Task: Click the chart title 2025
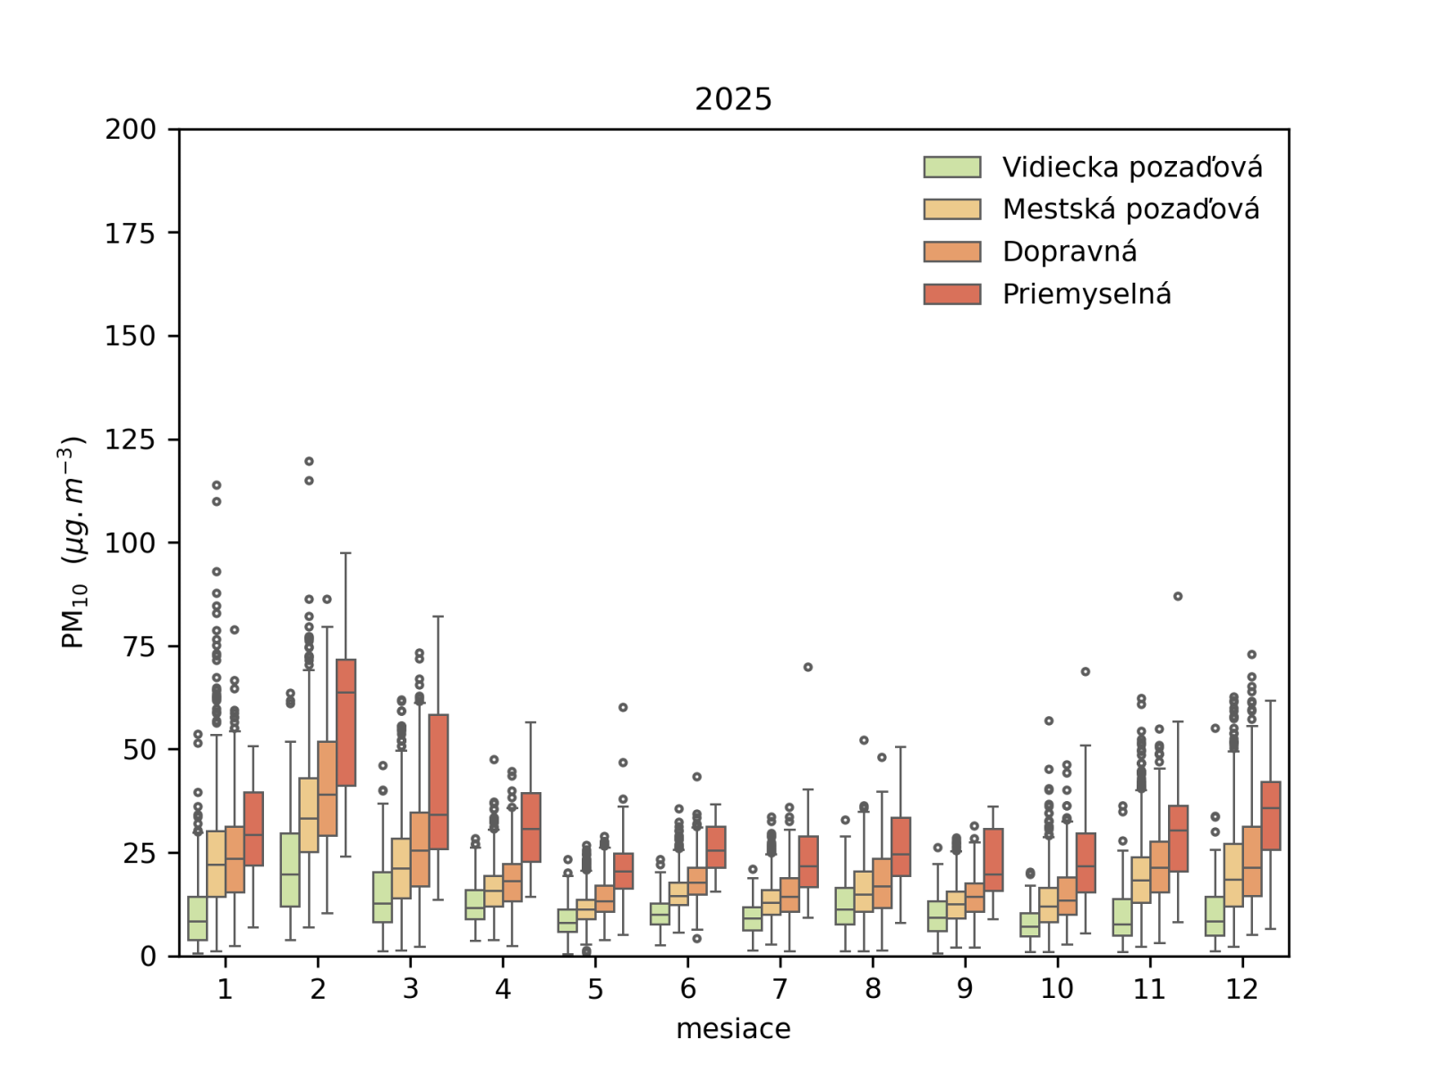pos(733,98)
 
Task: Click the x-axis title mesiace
pos(733,1029)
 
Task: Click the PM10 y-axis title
pos(72,542)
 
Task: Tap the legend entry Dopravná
pos(1069,251)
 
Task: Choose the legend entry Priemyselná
pos(1086,294)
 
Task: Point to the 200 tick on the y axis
pos(131,130)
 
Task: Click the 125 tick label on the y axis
pos(131,439)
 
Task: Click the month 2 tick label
pos(318,989)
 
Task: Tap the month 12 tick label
pos(1242,989)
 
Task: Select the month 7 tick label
pos(780,989)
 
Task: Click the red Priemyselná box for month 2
pos(345,722)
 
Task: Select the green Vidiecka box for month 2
pos(290,870)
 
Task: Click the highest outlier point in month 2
pos(309,462)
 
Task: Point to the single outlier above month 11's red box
pos(1178,596)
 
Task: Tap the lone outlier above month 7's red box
pos(808,667)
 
